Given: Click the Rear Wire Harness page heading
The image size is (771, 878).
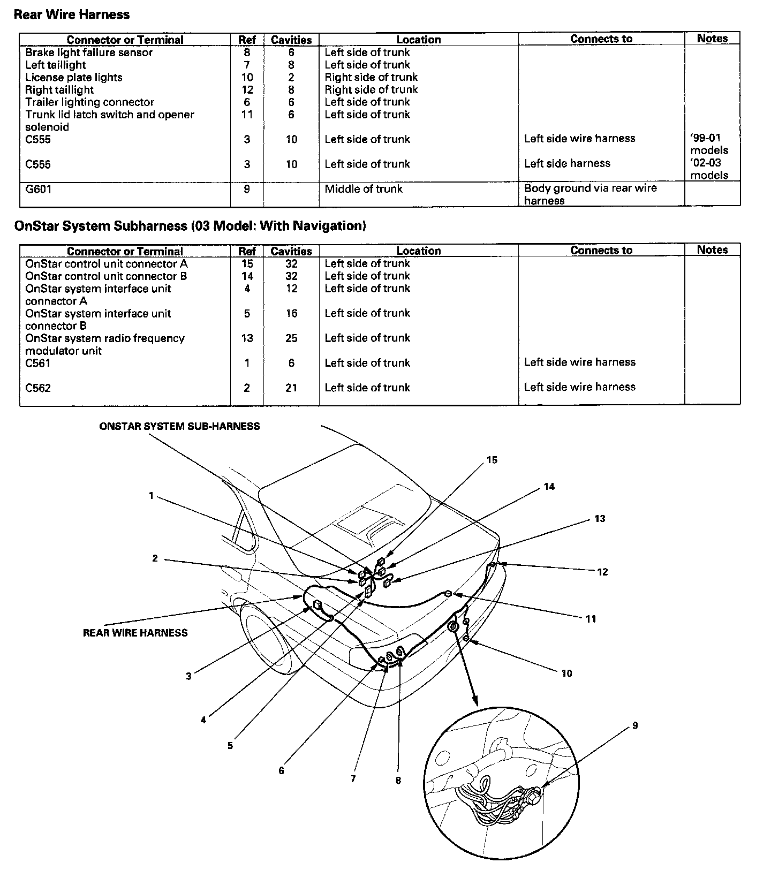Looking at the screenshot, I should (x=71, y=14).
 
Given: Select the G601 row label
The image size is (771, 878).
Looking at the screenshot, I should (x=39, y=189).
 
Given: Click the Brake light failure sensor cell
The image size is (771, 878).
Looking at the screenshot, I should (x=89, y=52).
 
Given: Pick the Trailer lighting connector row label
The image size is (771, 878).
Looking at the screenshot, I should (x=89, y=102).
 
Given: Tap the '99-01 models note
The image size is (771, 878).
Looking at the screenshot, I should (x=709, y=144).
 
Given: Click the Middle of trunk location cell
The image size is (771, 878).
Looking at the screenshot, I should (x=364, y=189).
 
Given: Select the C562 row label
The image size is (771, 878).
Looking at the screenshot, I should (x=38, y=388).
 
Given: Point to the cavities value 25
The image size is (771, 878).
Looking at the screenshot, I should (x=291, y=338).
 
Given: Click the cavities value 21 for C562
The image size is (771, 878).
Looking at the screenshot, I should (x=291, y=388).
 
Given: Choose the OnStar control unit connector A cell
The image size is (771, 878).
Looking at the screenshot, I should (x=107, y=264).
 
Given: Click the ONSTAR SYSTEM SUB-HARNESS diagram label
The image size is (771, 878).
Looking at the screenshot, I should (x=179, y=427).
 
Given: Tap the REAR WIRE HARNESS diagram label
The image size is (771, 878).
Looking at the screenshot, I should (x=135, y=633).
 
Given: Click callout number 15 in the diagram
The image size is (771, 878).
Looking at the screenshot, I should (x=492, y=460).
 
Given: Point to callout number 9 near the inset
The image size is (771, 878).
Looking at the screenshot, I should (x=635, y=726).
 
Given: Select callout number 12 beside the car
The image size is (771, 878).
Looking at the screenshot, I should (x=602, y=572).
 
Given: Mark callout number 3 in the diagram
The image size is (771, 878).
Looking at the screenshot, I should (x=188, y=676).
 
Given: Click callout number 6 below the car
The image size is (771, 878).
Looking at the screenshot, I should (x=281, y=771).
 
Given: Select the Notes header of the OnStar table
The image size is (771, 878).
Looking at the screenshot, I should (x=712, y=250).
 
